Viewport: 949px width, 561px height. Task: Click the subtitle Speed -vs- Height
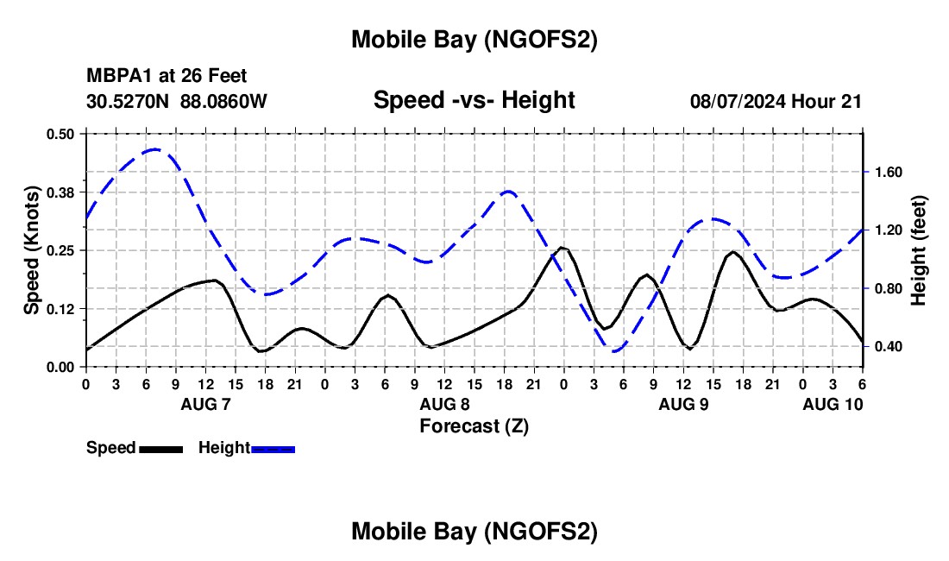474,100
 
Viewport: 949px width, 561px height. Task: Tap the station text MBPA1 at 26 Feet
167,77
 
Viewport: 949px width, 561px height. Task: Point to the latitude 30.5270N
129,101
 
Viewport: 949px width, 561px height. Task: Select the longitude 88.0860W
224,101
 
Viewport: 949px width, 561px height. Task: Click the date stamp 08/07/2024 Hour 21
776,101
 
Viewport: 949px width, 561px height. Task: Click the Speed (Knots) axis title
32,249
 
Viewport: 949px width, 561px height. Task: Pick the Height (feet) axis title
919,249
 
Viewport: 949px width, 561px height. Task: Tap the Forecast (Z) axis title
474,425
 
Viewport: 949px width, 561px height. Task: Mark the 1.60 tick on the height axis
888,173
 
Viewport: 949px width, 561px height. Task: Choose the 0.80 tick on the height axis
888,288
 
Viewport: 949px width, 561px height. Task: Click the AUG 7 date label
204,404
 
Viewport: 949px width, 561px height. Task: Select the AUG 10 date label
832,404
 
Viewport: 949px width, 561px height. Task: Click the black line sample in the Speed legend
160,449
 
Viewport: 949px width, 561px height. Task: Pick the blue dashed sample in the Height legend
273,449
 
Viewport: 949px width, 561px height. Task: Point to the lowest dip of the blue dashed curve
614,351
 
